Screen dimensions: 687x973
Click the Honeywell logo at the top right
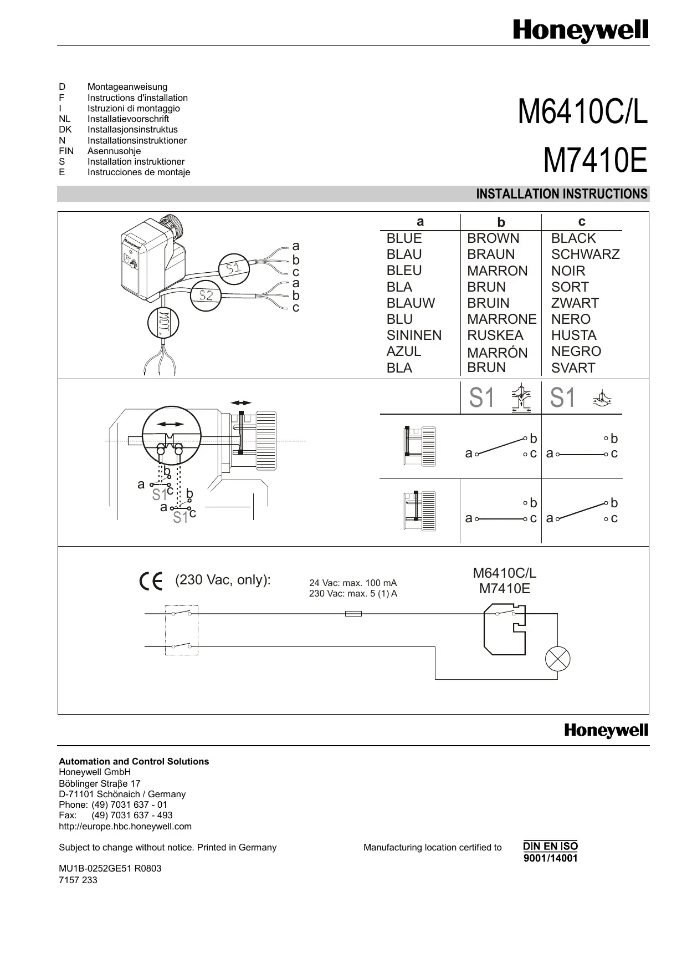coord(581,31)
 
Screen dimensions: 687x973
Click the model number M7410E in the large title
coord(596,161)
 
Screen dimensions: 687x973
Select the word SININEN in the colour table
coord(414,335)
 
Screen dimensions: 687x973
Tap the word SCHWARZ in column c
coord(585,254)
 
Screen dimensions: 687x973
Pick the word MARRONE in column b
coord(501,319)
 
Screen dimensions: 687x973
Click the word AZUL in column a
coord(404,351)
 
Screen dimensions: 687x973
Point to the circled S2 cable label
coord(206,296)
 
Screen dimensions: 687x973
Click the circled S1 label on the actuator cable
coord(234,268)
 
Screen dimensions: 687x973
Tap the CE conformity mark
coord(151,581)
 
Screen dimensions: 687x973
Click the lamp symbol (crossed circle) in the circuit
coord(557,659)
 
